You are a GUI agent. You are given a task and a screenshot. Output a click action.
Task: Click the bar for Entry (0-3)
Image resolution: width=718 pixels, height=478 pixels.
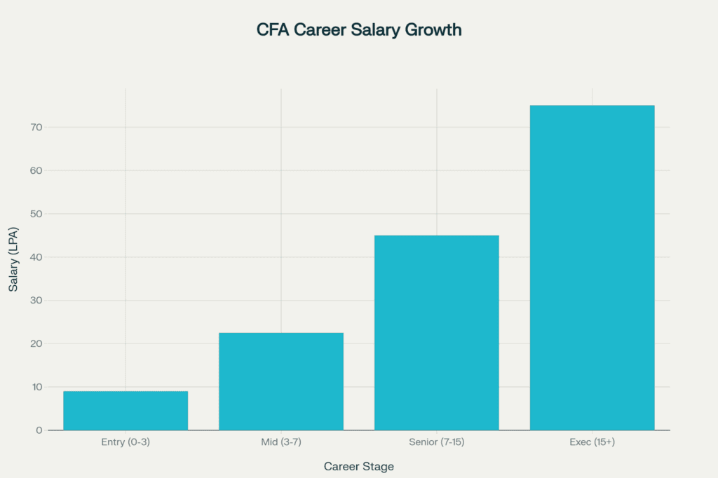tap(126, 411)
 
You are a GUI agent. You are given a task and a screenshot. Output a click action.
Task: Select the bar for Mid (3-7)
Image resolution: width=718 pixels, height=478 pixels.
tap(281, 381)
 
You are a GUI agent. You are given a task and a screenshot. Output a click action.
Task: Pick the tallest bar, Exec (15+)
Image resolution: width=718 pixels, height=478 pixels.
tap(592, 268)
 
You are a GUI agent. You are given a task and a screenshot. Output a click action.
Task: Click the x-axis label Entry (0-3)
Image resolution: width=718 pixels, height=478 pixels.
tap(126, 442)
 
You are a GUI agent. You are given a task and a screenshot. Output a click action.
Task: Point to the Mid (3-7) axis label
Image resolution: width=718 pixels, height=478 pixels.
tap(281, 442)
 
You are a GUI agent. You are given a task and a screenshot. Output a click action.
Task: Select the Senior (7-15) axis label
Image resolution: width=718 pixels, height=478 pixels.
tap(436, 442)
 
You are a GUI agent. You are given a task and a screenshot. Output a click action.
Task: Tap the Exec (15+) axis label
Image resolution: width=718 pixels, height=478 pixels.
tap(592, 442)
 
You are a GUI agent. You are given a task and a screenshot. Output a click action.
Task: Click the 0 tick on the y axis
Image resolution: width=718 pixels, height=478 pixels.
tap(39, 430)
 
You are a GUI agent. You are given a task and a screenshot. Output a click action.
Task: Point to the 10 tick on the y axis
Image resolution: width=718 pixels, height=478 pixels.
tap(36, 387)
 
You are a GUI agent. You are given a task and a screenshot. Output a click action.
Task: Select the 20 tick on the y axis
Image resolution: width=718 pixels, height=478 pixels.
tap(36, 343)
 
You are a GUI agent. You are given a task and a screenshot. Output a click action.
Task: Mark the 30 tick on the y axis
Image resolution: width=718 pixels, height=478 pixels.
tap(36, 301)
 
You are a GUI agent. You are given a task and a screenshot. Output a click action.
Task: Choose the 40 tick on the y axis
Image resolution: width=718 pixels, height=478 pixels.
tap(36, 257)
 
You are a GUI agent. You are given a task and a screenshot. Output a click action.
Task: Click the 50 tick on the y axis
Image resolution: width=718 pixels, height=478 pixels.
tap(36, 214)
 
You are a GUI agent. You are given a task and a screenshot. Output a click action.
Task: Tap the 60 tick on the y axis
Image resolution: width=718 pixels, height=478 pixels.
tap(36, 170)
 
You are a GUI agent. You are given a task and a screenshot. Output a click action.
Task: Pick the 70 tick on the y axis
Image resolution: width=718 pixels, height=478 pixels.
tap(36, 128)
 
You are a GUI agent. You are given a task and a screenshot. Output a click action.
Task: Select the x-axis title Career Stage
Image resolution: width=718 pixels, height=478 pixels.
tap(358, 466)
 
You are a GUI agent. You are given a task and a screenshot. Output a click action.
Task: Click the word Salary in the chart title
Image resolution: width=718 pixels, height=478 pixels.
tap(379, 31)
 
